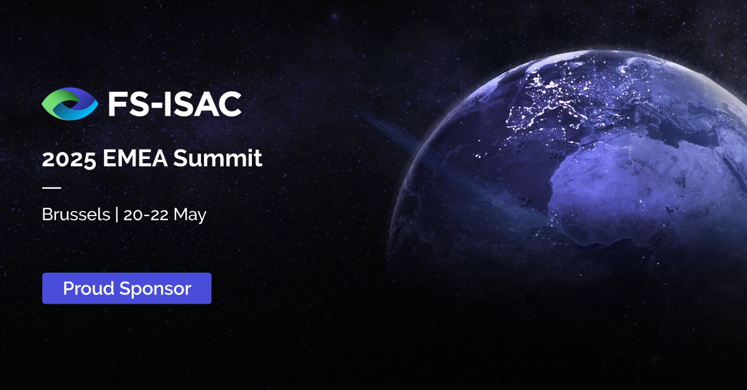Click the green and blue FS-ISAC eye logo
click(x=70, y=103)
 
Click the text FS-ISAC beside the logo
click(x=175, y=104)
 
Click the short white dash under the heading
click(x=51, y=187)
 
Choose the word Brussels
click(x=74, y=215)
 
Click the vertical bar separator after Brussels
click(x=116, y=215)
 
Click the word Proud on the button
click(x=88, y=289)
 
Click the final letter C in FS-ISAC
click(x=228, y=104)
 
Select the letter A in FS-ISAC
click(x=205, y=104)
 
